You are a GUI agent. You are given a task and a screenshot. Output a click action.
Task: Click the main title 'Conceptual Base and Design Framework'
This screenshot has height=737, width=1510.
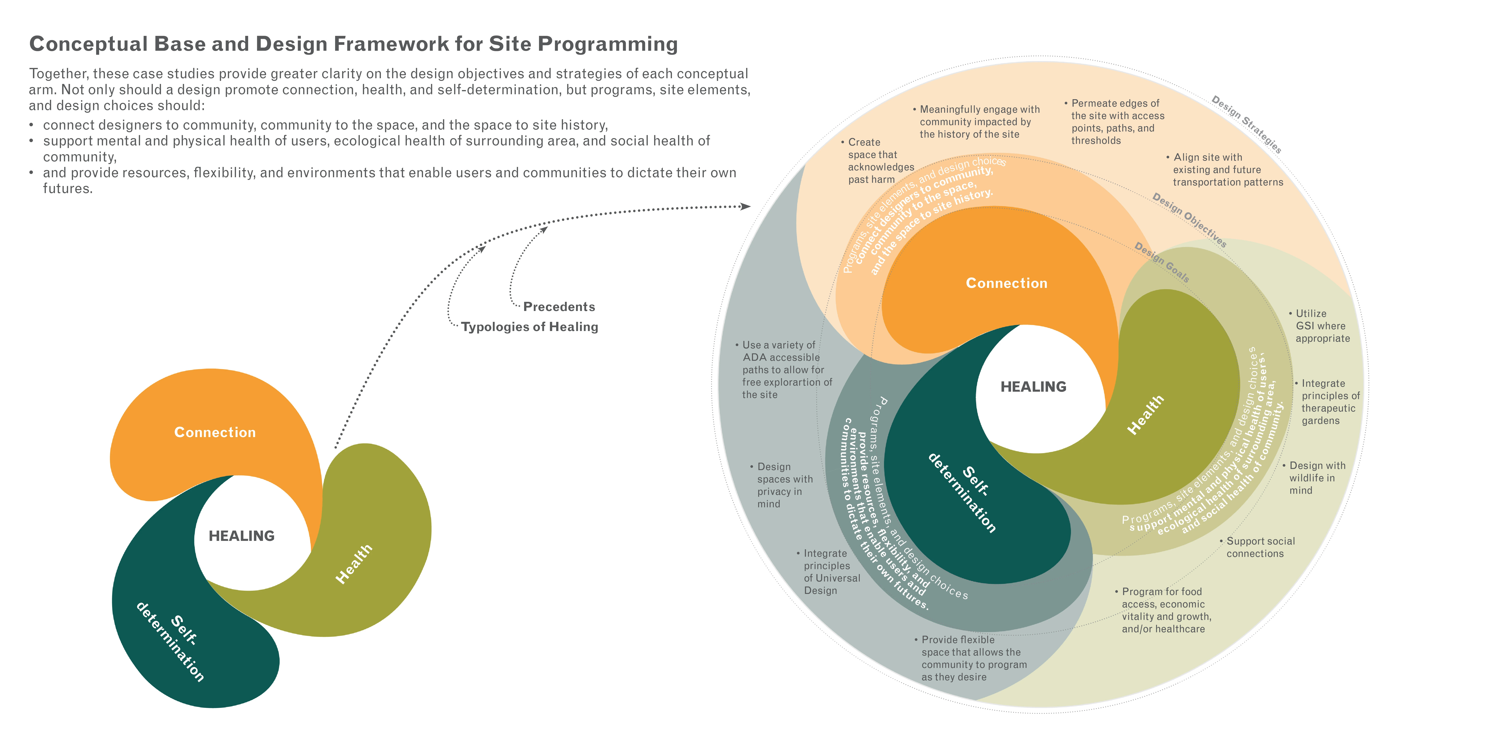[x=353, y=44]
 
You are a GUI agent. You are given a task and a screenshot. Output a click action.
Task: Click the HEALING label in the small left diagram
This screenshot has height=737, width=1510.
[x=241, y=536]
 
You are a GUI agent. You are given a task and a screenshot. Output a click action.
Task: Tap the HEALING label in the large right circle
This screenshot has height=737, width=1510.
[x=1033, y=387]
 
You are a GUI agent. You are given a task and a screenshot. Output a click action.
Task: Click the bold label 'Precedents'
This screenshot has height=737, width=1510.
[x=559, y=307]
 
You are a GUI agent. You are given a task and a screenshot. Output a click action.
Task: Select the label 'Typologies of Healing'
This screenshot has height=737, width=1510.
[x=529, y=327]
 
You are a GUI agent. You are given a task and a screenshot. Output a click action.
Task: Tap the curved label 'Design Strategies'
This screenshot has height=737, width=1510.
[x=1247, y=124]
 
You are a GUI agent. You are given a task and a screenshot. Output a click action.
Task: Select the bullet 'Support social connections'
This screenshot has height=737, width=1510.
[x=1260, y=547]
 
